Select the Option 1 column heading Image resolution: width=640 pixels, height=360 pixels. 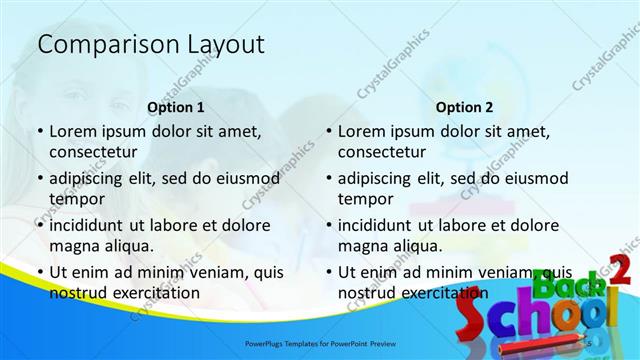[x=176, y=107]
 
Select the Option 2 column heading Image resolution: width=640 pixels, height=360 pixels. [x=464, y=107]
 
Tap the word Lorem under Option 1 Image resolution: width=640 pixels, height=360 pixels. [x=72, y=131]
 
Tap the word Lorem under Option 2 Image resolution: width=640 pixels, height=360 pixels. [x=361, y=131]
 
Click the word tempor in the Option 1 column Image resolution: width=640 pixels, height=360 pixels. [x=75, y=199]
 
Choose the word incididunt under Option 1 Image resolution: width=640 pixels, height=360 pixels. [x=93, y=225]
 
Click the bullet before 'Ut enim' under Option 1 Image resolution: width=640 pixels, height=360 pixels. [x=40, y=272]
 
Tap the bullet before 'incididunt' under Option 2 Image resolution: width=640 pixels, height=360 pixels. [x=329, y=225]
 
